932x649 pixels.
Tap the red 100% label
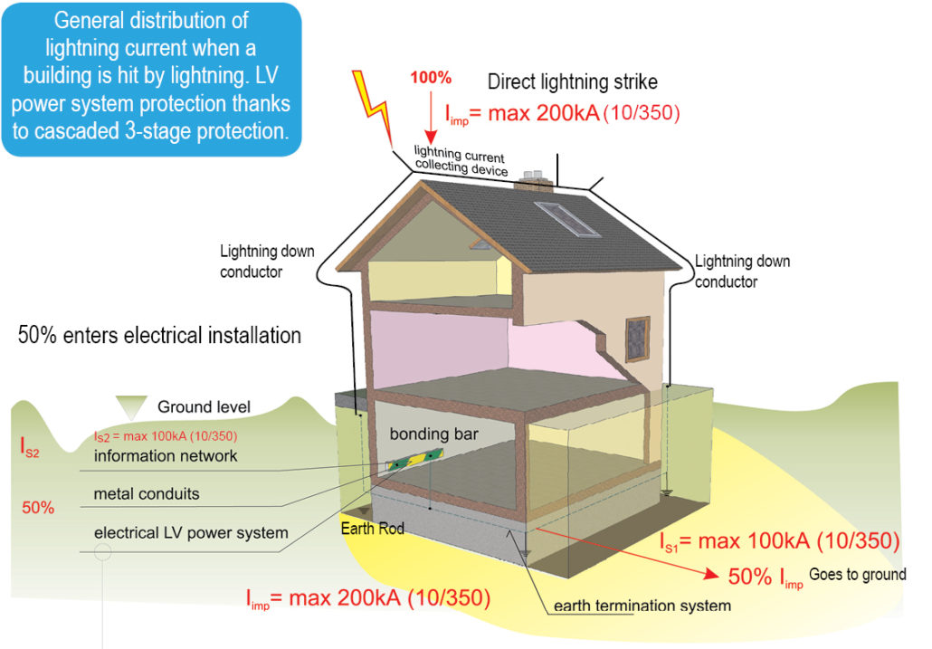[431, 78]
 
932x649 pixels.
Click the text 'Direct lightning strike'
[573, 82]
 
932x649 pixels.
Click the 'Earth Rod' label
[371, 529]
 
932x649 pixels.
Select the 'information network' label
[166, 456]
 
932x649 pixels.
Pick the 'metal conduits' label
[147, 494]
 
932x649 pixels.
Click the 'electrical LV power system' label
[191, 532]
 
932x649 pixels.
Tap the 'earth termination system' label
[642, 606]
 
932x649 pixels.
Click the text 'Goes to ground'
[857, 575]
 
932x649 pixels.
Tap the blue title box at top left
[151, 76]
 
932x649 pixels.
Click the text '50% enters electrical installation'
[159, 336]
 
